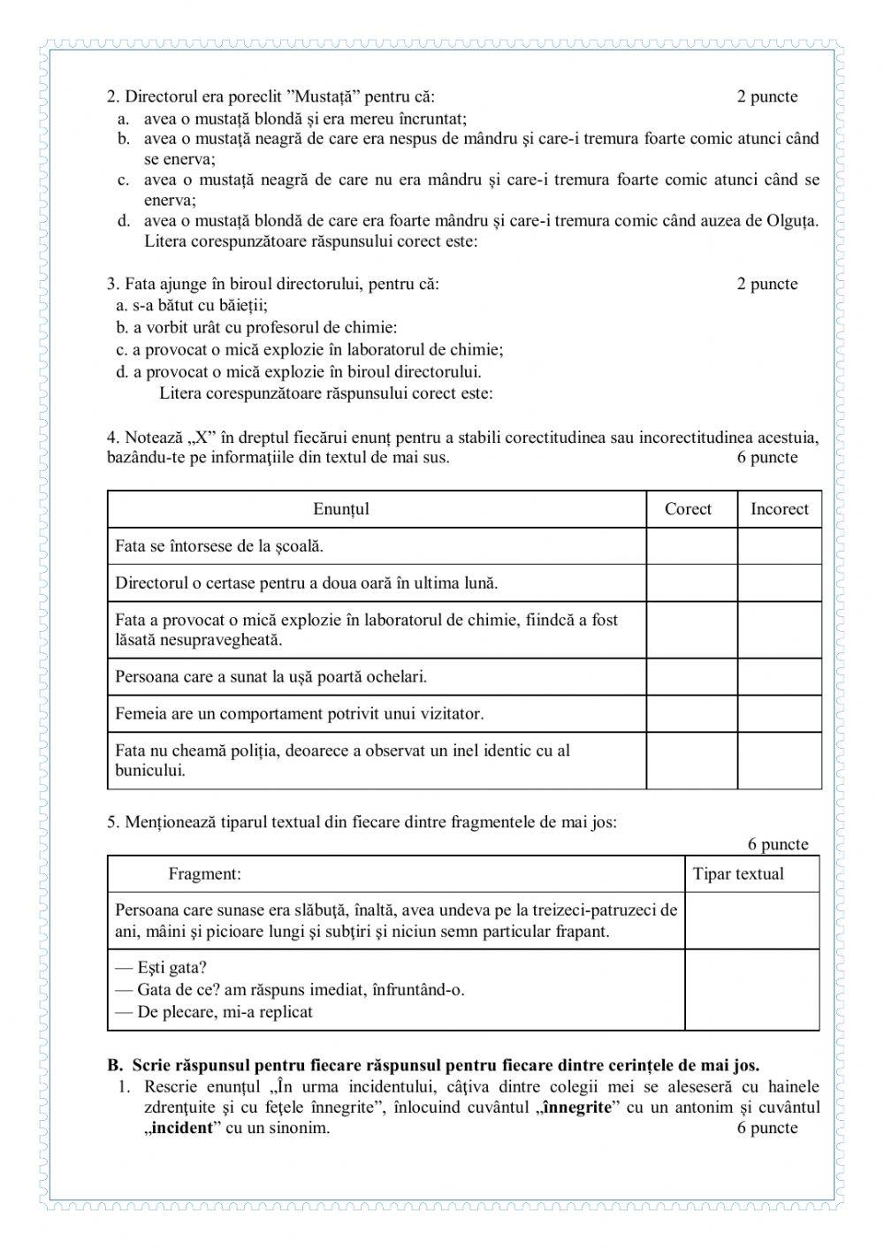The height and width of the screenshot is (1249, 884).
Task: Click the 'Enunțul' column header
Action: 341,509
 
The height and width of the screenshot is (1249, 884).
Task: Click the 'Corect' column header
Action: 688,509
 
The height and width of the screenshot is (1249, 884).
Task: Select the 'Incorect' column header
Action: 779,509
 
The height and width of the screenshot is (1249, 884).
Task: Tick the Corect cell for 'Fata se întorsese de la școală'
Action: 691,546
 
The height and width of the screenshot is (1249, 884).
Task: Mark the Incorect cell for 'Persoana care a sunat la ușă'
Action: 779,677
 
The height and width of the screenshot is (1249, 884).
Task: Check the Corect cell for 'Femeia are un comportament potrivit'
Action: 691,713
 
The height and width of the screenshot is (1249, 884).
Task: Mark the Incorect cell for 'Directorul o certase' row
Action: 779,583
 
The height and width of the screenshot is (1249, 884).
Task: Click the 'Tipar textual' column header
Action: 738,874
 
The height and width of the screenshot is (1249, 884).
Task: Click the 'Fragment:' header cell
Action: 204,874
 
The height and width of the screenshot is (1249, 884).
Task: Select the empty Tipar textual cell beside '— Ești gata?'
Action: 751,990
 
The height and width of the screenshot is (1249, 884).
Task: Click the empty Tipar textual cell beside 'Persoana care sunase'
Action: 751,921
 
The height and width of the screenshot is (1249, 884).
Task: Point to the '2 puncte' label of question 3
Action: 766,284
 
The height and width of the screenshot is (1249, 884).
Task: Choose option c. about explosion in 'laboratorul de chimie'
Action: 310,349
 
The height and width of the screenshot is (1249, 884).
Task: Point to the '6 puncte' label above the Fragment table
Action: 777,844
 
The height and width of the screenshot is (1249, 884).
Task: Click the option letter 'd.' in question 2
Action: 125,220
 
